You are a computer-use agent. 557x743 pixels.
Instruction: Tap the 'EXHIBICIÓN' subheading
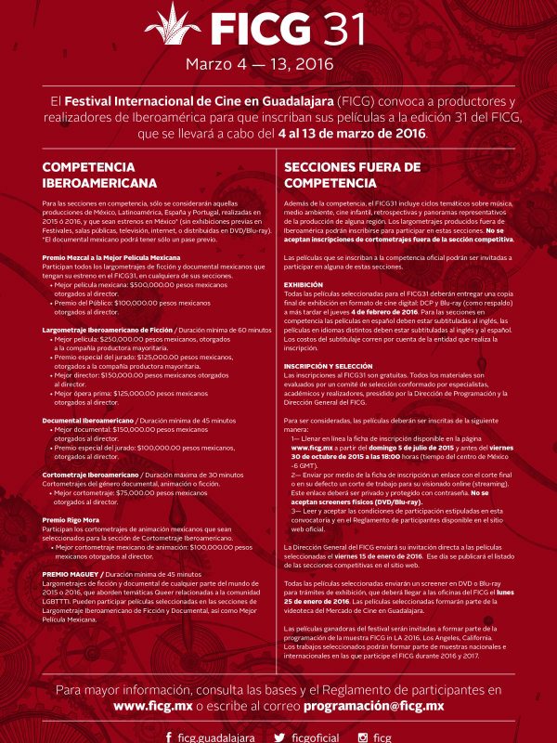click(x=304, y=284)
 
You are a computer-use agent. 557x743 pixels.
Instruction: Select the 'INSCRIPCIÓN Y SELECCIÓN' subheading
click(x=328, y=366)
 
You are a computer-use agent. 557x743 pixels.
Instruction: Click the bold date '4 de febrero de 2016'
click(x=384, y=311)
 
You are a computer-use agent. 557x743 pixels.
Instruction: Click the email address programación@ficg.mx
click(x=380, y=707)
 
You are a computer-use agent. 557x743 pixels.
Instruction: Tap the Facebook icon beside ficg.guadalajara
click(x=168, y=736)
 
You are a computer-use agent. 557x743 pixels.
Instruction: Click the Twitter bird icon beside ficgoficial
click(x=278, y=736)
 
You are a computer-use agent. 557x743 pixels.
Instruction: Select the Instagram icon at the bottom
click(x=363, y=736)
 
